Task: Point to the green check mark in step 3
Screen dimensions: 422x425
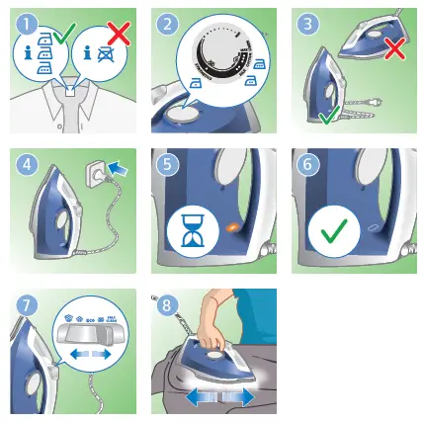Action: (x=329, y=117)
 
